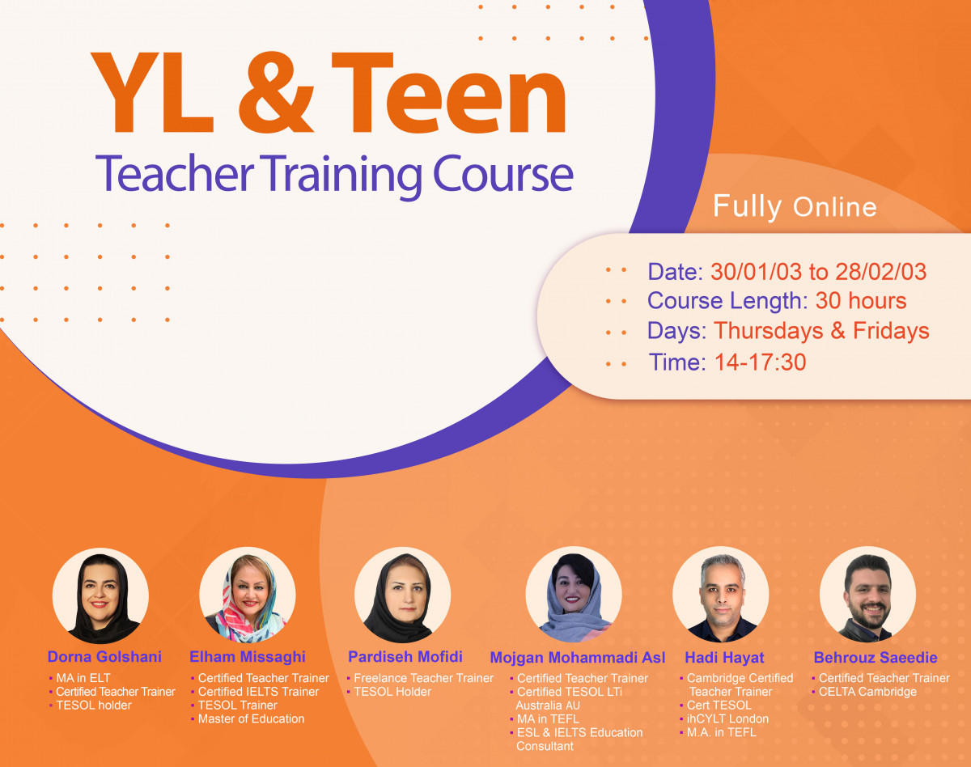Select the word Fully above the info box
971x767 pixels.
(747, 206)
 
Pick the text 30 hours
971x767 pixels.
(860, 301)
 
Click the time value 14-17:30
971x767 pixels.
(760, 362)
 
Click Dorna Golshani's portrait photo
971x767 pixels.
(100, 595)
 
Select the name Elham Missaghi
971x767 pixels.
(248, 656)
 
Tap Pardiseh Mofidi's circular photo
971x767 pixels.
(402, 595)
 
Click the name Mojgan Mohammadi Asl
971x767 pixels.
(578, 658)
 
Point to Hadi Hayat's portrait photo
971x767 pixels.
(721, 595)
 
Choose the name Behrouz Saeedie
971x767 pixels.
(876, 658)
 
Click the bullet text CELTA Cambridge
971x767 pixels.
(867, 692)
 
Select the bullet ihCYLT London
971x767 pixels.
(727, 719)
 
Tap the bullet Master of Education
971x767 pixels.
(251, 719)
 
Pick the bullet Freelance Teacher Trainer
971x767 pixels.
(423, 678)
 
